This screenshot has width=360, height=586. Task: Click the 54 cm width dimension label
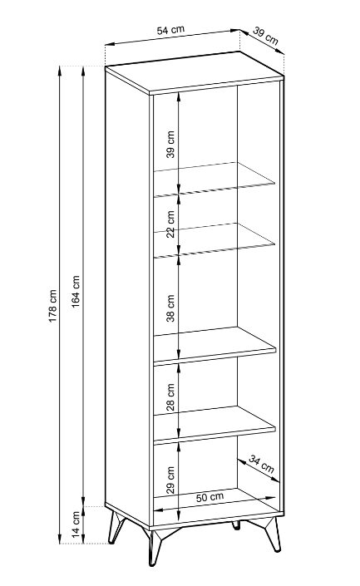click(170, 30)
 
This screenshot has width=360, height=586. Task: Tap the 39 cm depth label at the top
click(265, 36)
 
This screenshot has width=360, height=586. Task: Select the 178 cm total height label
click(52, 306)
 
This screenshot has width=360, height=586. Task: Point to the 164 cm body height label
click(76, 292)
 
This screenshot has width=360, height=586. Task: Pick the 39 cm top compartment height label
click(170, 145)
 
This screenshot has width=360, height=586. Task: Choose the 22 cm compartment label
click(170, 224)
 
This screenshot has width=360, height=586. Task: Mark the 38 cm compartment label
click(170, 308)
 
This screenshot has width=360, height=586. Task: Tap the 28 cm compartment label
click(170, 397)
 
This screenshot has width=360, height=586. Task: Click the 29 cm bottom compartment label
click(170, 480)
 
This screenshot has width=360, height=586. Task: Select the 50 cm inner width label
click(210, 497)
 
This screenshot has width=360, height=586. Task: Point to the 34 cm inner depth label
click(261, 464)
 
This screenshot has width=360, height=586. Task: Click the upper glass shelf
click(214, 180)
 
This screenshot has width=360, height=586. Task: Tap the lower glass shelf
click(214, 240)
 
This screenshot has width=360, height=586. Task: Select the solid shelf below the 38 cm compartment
click(215, 345)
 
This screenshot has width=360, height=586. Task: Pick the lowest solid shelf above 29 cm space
click(215, 425)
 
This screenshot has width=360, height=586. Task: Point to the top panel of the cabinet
click(195, 73)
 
